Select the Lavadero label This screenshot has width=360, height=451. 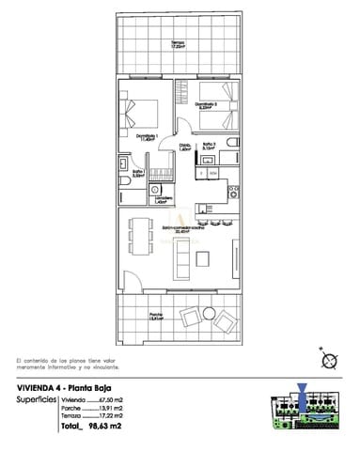(163, 199)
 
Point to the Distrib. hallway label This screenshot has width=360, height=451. (185, 148)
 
